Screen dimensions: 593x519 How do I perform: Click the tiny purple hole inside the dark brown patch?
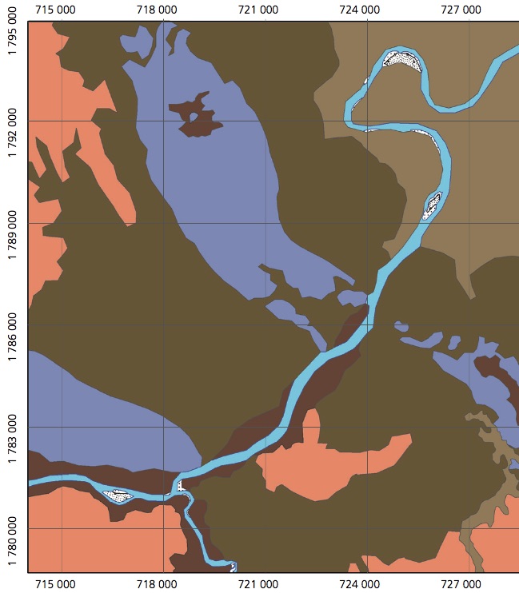coord(193,117)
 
